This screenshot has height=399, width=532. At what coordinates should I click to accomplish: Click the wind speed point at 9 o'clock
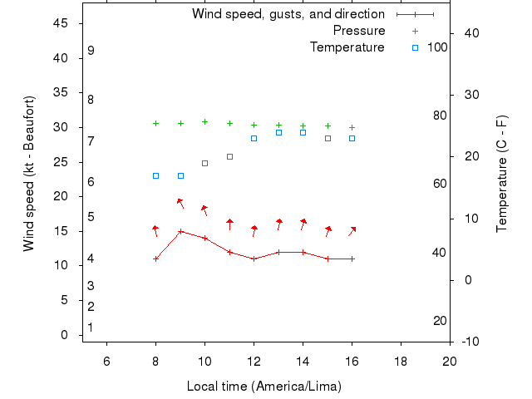pyautogui.click(x=180, y=231)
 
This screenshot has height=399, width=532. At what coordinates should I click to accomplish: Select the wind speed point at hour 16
pyautogui.click(x=352, y=259)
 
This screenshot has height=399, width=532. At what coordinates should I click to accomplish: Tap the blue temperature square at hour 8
pyautogui.click(x=155, y=175)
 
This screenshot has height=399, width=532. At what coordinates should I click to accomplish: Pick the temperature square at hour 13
pyautogui.click(x=278, y=132)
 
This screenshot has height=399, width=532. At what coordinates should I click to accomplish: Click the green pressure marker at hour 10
pyautogui.click(x=204, y=121)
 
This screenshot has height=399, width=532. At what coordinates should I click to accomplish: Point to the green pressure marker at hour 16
pyautogui.click(x=352, y=127)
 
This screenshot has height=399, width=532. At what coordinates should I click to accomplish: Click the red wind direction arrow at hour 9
pyautogui.click(x=180, y=203)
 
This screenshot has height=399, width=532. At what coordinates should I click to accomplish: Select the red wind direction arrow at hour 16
pyautogui.click(x=352, y=230)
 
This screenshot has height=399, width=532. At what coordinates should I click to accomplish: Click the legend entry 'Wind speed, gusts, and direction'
pyautogui.click(x=288, y=14)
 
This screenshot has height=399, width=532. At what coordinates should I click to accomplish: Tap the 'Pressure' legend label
pyautogui.click(x=358, y=31)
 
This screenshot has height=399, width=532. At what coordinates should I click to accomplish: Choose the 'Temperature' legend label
pyautogui.click(x=347, y=47)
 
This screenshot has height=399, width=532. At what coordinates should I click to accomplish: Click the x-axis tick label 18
pyautogui.click(x=401, y=361)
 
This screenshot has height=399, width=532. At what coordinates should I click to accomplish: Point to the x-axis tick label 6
pyautogui.click(x=106, y=361)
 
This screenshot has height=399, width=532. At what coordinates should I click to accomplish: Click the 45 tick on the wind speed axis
pyautogui.click(x=60, y=23)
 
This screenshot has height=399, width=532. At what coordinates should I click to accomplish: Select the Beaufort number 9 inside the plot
pyautogui.click(x=91, y=51)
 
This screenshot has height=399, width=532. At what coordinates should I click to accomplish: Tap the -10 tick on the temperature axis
pyautogui.click(x=469, y=342)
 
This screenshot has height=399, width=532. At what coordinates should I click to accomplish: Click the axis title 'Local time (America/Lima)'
pyautogui.click(x=264, y=387)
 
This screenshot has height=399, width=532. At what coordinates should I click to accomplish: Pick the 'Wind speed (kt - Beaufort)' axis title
pyautogui.click(x=29, y=174)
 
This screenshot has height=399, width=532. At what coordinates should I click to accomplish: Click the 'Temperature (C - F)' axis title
pyautogui.click(x=502, y=174)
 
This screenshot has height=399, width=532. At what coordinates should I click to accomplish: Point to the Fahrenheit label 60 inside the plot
pyautogui.click(x=440, y=184)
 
